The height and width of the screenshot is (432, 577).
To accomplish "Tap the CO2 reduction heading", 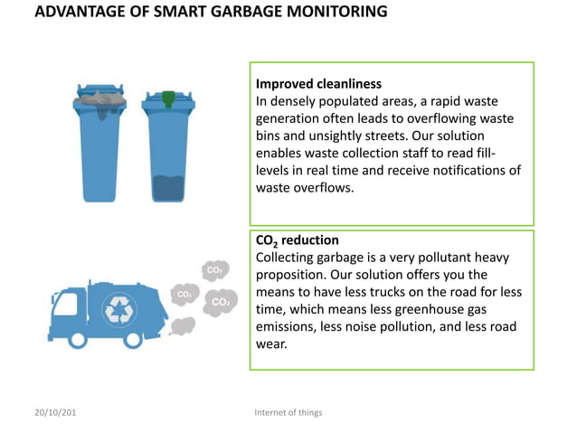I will (298, 240).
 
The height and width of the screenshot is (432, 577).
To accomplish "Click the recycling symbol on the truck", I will (119, 310).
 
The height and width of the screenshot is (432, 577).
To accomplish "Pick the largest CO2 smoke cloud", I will (220, 303).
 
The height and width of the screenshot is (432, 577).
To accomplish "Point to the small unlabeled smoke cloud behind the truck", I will (183, 325).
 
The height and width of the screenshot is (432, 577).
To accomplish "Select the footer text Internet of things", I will (288, 412).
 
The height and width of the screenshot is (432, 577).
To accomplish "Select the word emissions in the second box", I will (287, 326).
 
